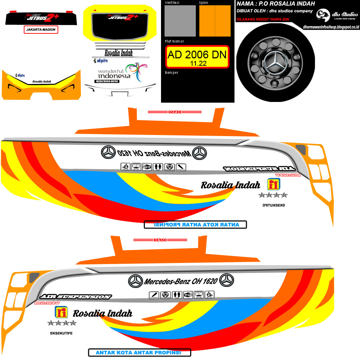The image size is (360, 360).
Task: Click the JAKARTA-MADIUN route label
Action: (x=41, y=30)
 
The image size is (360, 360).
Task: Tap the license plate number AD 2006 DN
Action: (x=197, y=55)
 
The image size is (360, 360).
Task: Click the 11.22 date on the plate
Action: (x=198, y=64)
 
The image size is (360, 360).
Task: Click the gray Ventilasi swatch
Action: (x=180, y=21)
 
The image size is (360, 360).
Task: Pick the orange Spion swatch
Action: (x=215, y=21)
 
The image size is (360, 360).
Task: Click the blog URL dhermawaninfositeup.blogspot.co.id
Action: (x=331, y=27)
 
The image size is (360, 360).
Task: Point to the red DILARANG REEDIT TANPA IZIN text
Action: (x=263, y=19)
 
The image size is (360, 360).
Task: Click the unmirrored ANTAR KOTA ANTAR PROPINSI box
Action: (x=139, y=352)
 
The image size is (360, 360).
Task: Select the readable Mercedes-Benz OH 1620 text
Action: (x=181, y=281)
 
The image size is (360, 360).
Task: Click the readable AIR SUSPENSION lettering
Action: (x=76, y=297)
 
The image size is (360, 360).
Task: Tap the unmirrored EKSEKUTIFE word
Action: (x=62, y=333)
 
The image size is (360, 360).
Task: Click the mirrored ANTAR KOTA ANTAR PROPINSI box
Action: (x=195, y=225)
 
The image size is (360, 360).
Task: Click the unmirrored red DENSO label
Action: (x=159, y=240)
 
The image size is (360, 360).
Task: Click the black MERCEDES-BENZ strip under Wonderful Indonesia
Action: (x=107, y=81)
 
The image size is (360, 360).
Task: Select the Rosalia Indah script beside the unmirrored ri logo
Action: (x=102, y=313)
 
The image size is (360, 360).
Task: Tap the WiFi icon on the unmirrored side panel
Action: (x=188, y=295)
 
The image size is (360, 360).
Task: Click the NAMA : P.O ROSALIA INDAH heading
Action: (x=276, y=4)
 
